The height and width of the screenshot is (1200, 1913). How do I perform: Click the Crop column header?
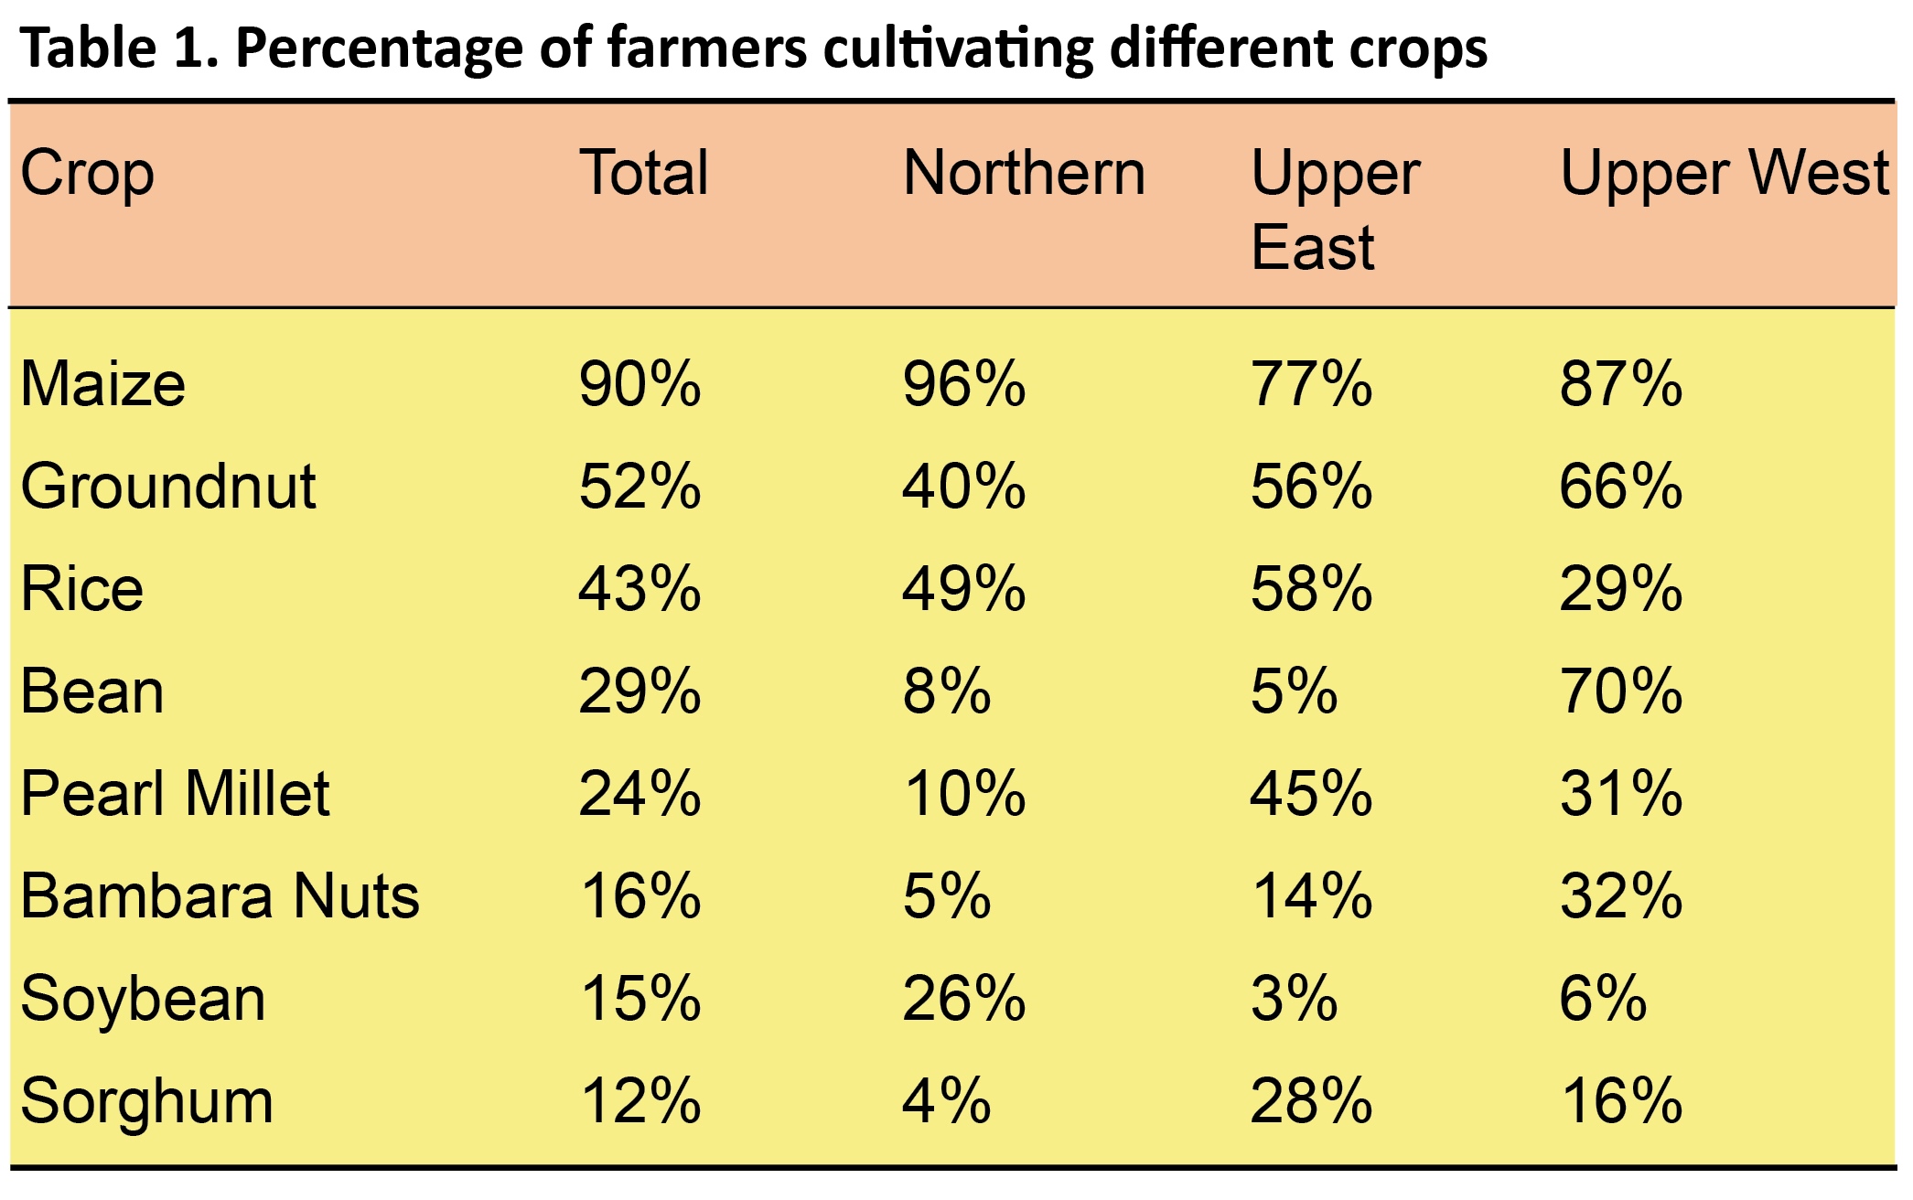[x=87, y=174]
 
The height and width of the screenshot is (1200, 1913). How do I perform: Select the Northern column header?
[x=1024, y=174]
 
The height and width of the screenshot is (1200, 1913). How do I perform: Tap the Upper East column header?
[x=1335, y=210]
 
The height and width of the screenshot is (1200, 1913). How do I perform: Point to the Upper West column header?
[x=1724, y=174]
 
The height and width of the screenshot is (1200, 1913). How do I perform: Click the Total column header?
[x=644, y=174]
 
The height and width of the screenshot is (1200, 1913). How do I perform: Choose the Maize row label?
[x=102, y=384]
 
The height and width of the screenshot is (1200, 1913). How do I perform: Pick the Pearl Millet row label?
[x=175, y=794]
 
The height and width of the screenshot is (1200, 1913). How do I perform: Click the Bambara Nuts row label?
[x=220, y=896]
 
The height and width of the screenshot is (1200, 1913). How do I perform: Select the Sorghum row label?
[x=146, y=1101]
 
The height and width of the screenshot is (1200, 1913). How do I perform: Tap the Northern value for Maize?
[x=963, y=384]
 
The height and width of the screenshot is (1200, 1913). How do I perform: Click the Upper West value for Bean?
[x=1620, y=691]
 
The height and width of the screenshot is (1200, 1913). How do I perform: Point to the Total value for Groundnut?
[x=639, y=487]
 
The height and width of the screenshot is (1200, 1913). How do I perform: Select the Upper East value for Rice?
[x=1311, y=589]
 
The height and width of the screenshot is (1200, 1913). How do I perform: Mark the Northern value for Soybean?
[x=963, y=999]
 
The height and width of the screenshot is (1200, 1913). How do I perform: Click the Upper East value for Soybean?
[x=1294, y=999]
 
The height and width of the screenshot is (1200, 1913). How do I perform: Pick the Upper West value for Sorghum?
[x=1620, y=1101]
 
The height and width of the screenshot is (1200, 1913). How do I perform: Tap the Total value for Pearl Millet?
[x=639, y=794]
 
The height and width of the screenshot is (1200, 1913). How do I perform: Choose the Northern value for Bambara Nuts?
[x=946, y=896]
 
